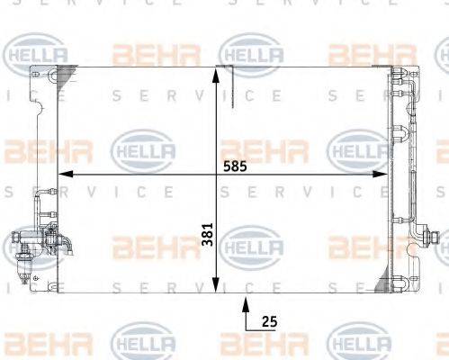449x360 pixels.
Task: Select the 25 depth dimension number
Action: (269, 320)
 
